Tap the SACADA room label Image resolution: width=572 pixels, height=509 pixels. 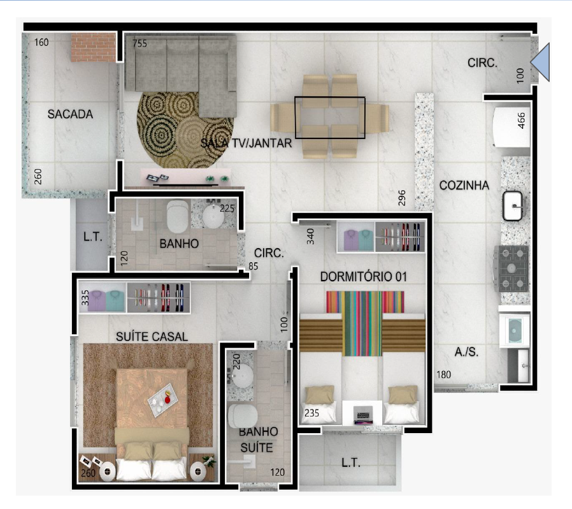pos(70,114)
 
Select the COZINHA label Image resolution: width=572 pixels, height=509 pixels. pos(464,186)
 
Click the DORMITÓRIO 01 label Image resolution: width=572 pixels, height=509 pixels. pos(363,277)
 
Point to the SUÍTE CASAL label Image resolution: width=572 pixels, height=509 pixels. pos(152,337)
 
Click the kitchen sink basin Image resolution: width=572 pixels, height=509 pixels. pos(513,206)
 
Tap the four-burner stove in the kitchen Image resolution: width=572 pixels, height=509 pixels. pos(511,269)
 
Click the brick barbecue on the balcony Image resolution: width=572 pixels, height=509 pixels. pos(94,47)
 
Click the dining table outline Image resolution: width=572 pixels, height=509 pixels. pos(330,117)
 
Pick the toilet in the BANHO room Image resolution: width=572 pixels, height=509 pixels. pos(178,216)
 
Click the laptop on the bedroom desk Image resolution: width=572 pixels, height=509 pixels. pos(362,416)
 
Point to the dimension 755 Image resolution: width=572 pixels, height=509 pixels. pos(139,43)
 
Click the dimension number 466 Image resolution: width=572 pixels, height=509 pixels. pos(521,121)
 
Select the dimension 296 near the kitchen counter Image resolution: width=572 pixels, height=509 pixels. pos(401,198)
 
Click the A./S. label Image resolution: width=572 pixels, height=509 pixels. pos(466,352)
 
